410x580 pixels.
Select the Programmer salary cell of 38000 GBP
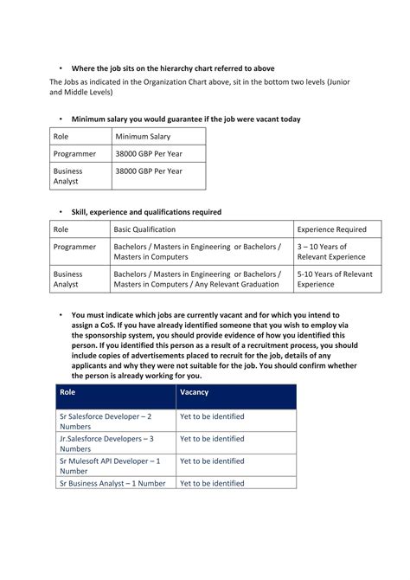point(149,153)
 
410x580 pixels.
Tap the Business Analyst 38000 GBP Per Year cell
point(149,171)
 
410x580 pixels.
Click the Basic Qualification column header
point(145,229)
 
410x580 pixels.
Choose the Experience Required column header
point(332,229)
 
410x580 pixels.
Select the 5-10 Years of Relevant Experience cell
point(335,279)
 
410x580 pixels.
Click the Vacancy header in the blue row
point(195,392)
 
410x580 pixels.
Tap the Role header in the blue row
point(67,392)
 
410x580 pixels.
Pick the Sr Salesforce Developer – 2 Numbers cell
point(105,421)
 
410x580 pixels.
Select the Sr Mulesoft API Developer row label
point(109,466)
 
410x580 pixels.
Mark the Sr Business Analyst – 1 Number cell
point(112,483)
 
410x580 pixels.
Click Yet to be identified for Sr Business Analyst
point(212,483)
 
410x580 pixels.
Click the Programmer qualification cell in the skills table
point(198,252)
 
